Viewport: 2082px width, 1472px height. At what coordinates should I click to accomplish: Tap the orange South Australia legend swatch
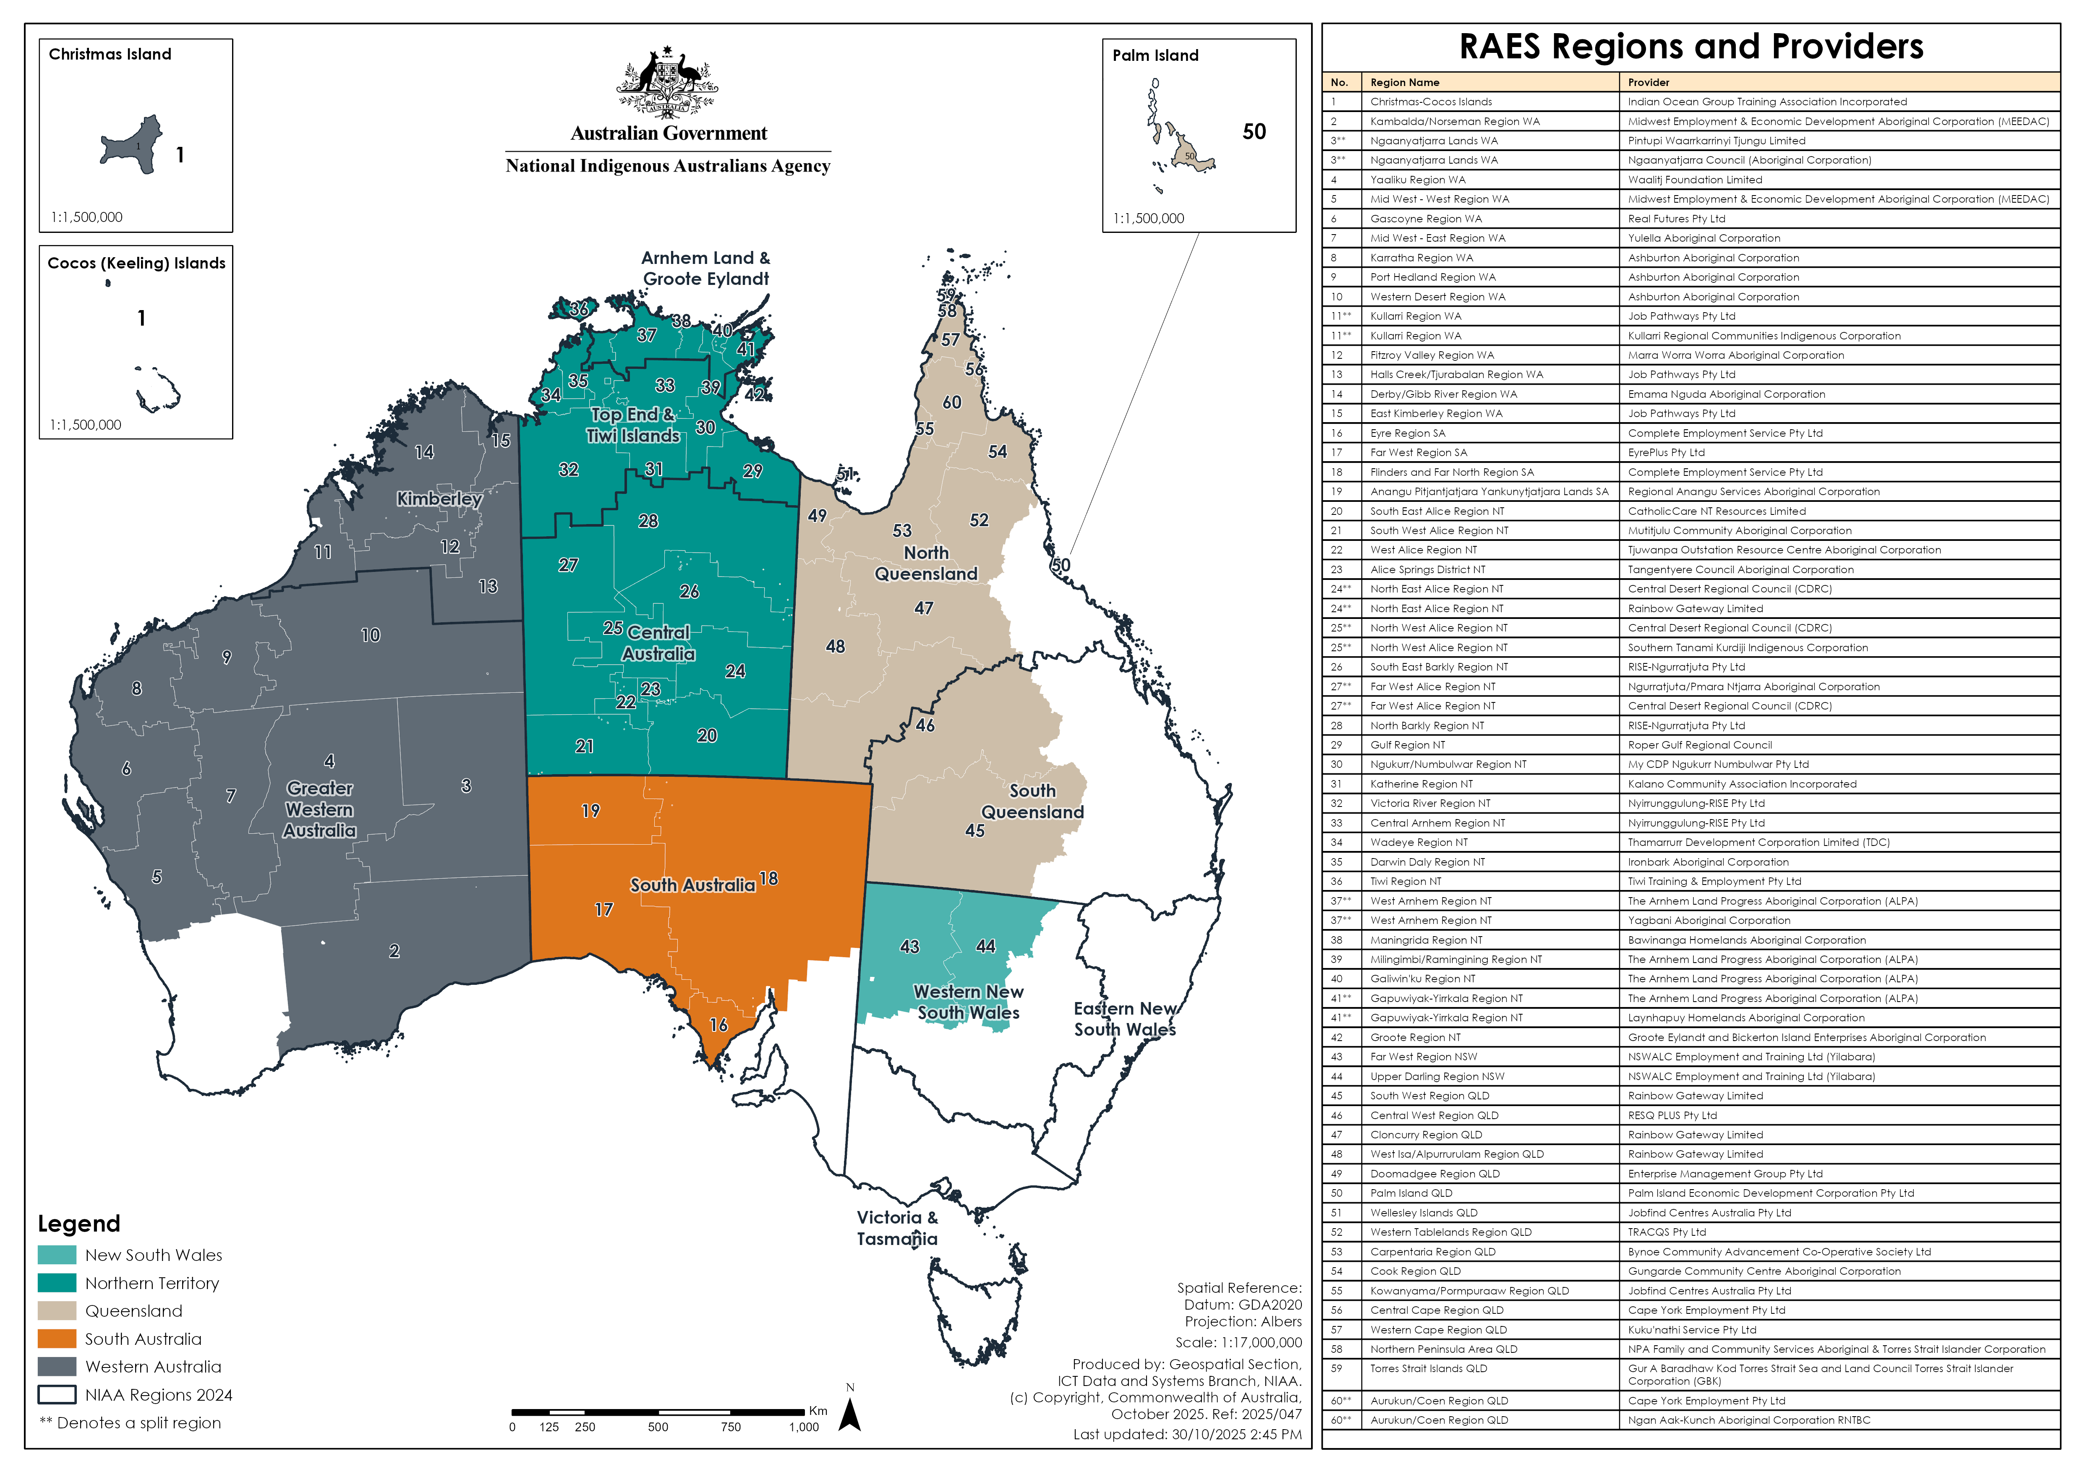tap(56, 1339)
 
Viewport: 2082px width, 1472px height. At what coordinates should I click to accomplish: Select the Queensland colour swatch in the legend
tap(56, 1311)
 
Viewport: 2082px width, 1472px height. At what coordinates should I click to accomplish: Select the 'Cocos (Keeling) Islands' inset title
tap(136, 263)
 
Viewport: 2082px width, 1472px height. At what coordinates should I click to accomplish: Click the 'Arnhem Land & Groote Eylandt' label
tap(705, 268)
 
